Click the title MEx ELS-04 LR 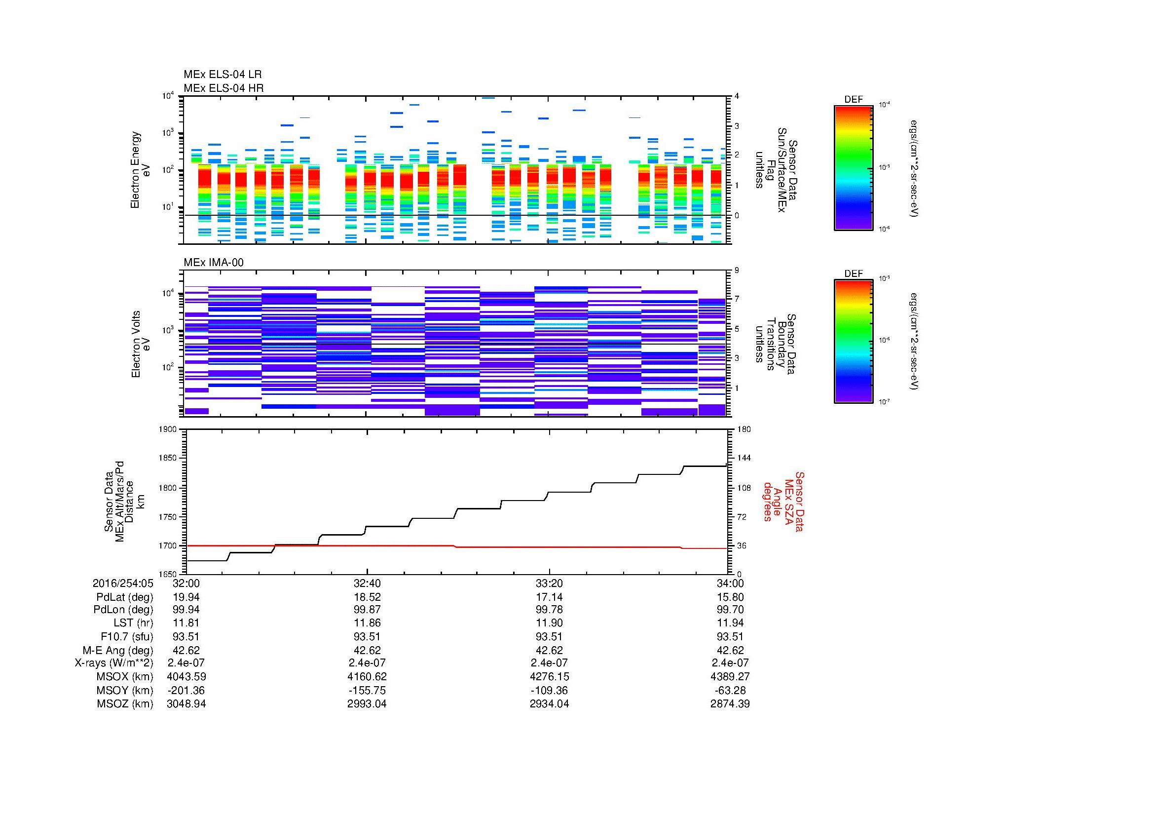tap(223, 75)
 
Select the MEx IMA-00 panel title tap(214, 263)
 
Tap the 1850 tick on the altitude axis tap(167, 458)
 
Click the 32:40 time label tap(367, 583)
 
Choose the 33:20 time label tap(549, 583)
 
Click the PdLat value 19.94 tap(186, 597)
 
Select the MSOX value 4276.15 tap(549, 677)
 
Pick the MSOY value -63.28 tap(731, 690)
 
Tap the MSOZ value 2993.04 tap(367, 704)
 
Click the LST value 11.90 tap(549, 623)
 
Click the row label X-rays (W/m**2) tap(113, 663)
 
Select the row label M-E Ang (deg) tap(117, 650)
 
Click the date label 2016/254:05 tap(123, 583)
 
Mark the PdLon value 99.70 tap(731, 610)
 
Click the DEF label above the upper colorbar tap(854, 100)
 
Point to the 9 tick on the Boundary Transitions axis tap(737, 271)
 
